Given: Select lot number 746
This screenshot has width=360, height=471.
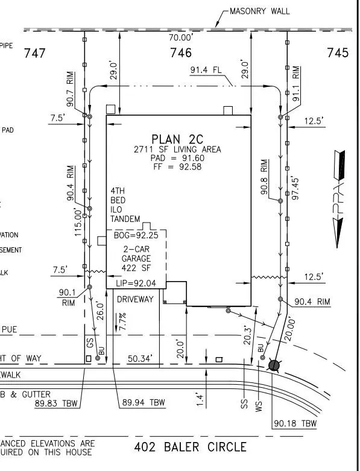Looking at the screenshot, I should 180,53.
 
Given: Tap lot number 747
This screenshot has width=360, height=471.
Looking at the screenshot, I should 34,53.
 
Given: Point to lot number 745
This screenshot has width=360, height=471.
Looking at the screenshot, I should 337,53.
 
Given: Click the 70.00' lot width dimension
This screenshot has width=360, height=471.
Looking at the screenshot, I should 180,37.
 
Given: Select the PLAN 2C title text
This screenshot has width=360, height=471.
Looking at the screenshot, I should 177,138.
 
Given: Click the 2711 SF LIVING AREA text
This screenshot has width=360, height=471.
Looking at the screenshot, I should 177,150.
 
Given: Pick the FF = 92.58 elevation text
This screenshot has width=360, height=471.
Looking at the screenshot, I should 177,167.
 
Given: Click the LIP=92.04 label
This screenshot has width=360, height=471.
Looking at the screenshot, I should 135,283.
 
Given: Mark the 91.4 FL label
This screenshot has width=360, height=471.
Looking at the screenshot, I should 206,70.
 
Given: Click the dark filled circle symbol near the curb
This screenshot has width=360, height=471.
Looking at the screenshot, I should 274,365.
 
